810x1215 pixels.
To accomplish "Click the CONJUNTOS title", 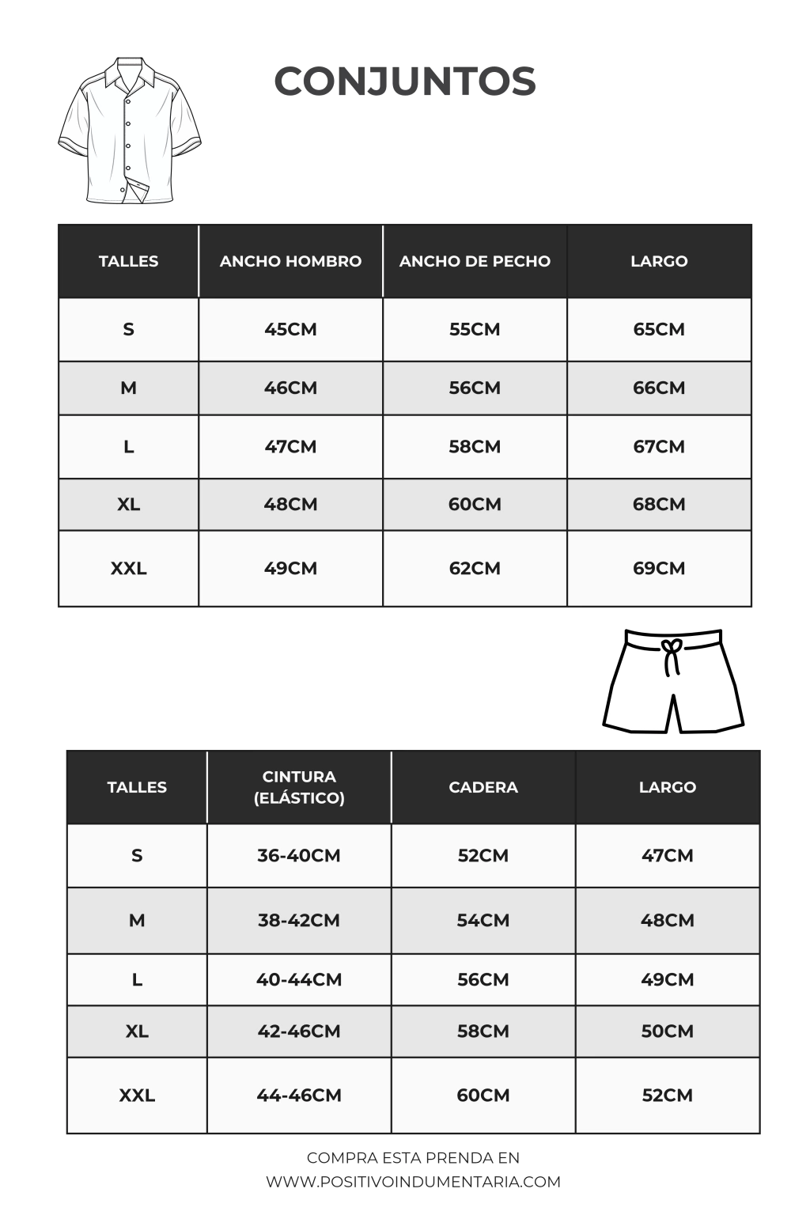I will pyautogui.click(x=405, y=81).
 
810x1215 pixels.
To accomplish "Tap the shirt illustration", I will pyautogui.click(x=129, y=131).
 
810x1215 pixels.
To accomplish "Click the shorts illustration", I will pyautogui.click(x=673, y=682).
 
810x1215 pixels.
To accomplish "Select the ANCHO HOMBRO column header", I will pyautogui.click(x=290, y=261).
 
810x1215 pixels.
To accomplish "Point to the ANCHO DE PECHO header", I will pyautogui.click(x=475, y=261).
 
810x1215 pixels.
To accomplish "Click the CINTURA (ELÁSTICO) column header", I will pyautogui.click(x=299, y=787).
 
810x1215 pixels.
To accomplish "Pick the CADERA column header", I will pyautogui.click(x=483, y=787).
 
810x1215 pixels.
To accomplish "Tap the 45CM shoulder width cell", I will pyautogui.click(x=290, y=329).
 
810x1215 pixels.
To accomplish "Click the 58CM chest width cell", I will pyautogui.click(x=475, y=446).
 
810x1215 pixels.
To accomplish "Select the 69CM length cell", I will pyautogui.click(x=659, y=568).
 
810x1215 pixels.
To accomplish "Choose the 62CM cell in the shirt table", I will pyautogui.click(x=475, y=568).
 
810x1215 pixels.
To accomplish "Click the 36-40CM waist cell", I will pyautogui.click(x=299, y=855).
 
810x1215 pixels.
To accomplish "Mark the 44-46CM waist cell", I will pyautogui.click(x=299, y=1095).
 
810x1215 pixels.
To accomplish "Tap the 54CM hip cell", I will pyautogui.click(x=483, y=920).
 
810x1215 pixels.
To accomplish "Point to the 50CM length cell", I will pyautogui.click(x=668, y=1031).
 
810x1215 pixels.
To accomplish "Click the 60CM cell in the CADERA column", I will pyautogui.click(x=483, y=1095).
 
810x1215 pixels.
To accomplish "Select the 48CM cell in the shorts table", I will pyautogui.click(x=668, y=920).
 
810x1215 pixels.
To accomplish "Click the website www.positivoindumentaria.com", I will pyautogui.click(x=413, y=1182).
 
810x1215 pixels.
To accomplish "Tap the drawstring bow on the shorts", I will pyautogui.click(x=672, y=653).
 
